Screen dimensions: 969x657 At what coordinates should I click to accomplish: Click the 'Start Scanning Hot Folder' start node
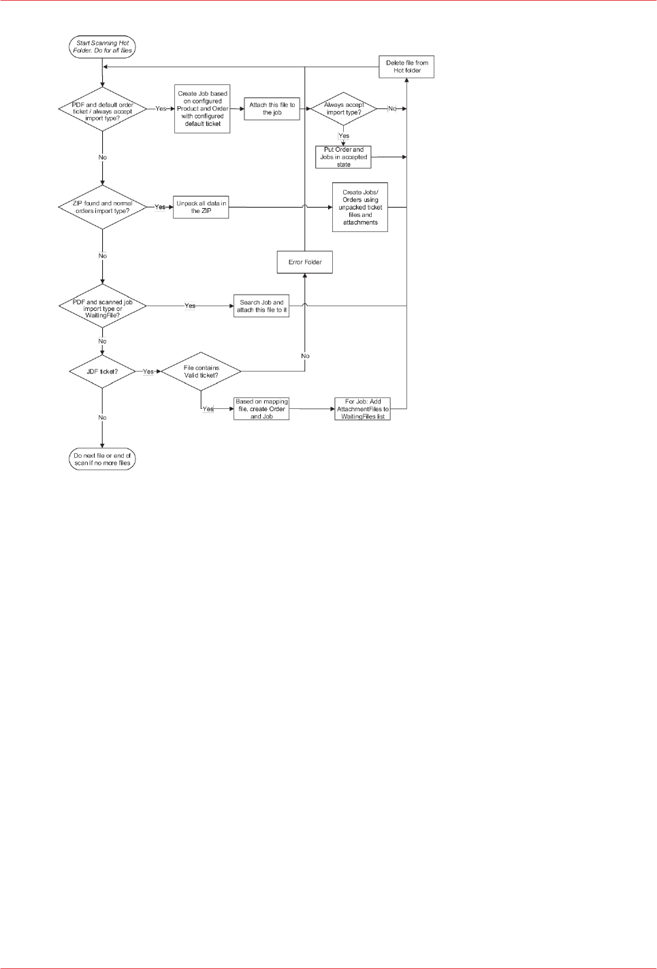(102, 46)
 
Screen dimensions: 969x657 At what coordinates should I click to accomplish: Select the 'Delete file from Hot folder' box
(406, 67)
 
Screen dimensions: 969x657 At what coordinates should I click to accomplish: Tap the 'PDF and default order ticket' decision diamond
(102, 109)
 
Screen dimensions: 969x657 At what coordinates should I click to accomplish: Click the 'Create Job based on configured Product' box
(202, 109)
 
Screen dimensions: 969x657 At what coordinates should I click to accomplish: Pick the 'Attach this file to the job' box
(272, 109)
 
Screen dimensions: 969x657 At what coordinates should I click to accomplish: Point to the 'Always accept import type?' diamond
(343, 109)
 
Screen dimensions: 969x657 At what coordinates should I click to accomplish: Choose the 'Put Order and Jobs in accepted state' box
(343, 157)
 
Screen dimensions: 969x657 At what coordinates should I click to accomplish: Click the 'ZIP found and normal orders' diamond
(102, 207)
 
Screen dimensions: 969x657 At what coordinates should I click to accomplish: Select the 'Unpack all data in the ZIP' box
(201, 207)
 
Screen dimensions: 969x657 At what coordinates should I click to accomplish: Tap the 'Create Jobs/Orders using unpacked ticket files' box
(360, 207)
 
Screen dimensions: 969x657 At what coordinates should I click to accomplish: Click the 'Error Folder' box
(304, 262)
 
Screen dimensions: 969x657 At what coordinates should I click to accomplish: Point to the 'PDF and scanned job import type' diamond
(102, 306)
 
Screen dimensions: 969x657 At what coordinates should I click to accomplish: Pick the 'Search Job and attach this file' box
(261, 306)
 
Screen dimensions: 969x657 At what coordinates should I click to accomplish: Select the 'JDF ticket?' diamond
(102, 372)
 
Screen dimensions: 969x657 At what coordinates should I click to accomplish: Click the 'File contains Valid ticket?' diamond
(201, 372)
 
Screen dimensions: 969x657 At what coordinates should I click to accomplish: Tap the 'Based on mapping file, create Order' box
(261, 409)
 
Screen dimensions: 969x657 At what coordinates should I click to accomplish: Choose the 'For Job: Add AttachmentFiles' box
(363, 409)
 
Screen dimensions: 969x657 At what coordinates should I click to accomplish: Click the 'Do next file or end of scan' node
(102, 459)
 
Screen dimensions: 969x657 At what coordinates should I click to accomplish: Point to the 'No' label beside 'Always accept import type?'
(392, 109)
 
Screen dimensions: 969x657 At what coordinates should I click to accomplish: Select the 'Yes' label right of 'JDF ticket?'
(148, 372)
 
